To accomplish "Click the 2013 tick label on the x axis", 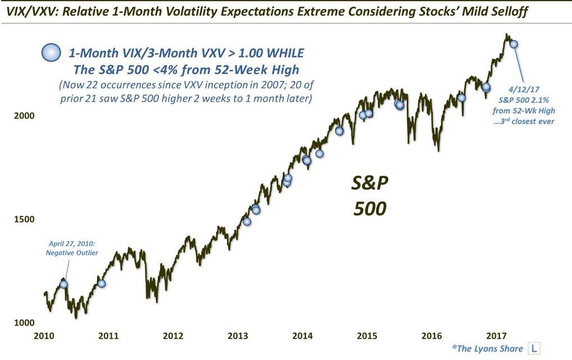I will click(x=238, y=336).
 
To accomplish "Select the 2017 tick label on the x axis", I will click(x=496, y=336).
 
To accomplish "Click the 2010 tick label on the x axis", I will click(x=44, y=336).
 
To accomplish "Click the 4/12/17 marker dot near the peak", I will click(x=513, y=44).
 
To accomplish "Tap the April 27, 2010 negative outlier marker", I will click(x=64, y=284).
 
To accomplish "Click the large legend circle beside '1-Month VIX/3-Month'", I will click(x=51, y=53).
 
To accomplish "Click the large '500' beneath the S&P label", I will click(x=370, y=208).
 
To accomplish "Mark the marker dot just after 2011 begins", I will click(x=101, y=283).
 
